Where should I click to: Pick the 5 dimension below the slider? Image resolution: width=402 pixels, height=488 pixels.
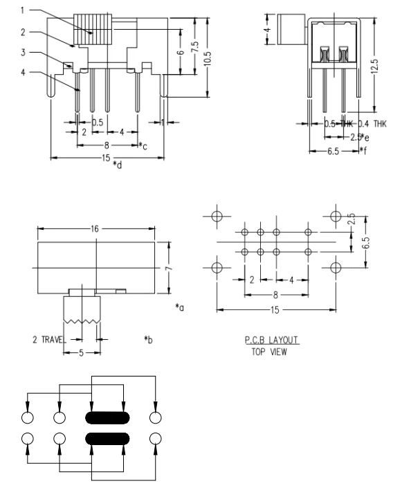pos(80,352)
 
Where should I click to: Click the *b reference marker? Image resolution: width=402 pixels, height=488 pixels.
pos(147,339)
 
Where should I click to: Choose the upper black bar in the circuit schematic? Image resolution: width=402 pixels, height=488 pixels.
pos(107,417)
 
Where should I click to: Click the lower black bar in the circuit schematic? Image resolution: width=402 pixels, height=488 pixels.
pos(107,438)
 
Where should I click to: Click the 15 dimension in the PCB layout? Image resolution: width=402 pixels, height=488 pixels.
pos(275,310)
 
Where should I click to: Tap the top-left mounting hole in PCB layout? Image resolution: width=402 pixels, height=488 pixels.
pos(217,215)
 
